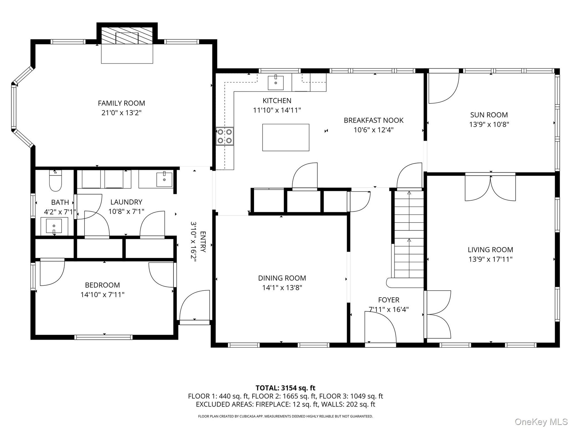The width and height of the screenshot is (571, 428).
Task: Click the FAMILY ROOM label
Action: click(x=121, y=103)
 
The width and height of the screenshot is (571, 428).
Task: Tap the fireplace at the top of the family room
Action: click(x=127, y=36)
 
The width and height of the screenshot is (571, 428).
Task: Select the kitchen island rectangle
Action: click(x=285, y=137)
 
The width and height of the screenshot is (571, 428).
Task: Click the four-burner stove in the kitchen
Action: click(x=225, y=136)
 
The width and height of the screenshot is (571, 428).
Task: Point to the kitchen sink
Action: click(x=276, y=82)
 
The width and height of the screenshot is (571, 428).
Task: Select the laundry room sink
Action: click(x=164, y=179)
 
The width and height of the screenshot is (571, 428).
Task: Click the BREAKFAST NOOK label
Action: click(x=374, y=120)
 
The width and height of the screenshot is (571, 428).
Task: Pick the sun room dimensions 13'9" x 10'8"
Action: click(x=489, y=124)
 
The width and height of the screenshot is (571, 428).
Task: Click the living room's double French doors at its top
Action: click(x=490, y=188)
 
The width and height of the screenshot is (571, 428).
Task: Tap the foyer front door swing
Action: click(x=380, y=327)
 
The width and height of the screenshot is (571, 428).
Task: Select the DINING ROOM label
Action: click(x=282, y=278)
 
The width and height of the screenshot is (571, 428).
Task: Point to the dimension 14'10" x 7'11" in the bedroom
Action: click(x=102, y=295)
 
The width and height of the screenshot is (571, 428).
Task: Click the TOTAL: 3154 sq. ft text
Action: click(x=285, y=388)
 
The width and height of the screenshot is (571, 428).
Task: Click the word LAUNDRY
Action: click(x=126, y=202)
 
